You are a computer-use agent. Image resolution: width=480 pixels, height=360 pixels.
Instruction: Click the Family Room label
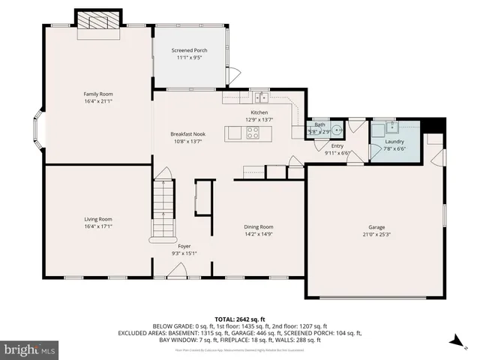point(98,94)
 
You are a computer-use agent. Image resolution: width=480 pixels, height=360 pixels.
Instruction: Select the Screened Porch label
point(190,50)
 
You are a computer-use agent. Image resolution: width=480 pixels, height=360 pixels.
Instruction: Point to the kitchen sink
point(261,97)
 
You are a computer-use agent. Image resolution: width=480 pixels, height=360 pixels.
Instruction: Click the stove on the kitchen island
point(253,133)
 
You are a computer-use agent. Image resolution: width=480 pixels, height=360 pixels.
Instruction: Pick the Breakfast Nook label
point(187,134)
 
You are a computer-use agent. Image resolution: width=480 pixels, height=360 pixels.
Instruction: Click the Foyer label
point(184,246)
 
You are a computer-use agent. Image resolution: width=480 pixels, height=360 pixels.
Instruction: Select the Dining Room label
point(258,226)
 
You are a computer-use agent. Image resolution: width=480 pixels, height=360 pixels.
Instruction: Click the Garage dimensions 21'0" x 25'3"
point(376,233)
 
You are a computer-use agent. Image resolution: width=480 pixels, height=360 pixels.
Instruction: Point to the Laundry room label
point(394,141)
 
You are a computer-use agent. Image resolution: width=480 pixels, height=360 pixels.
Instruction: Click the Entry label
point(337,146)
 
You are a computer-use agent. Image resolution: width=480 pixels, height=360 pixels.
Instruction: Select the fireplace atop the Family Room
point(98,20)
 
